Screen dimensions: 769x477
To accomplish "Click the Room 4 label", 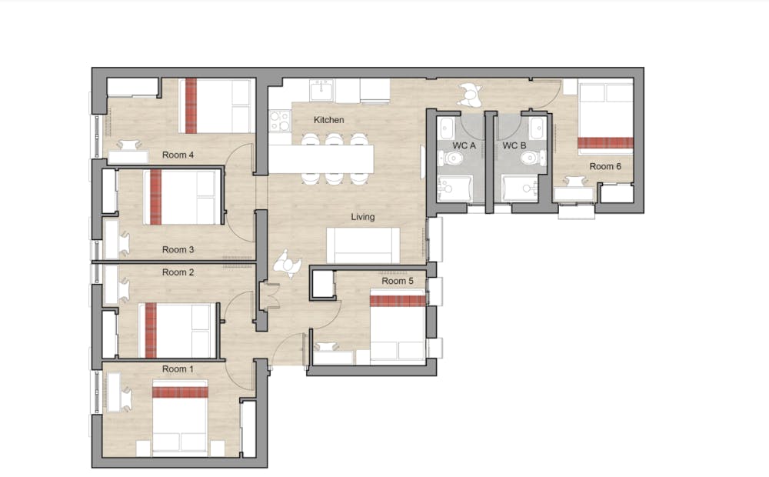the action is pos(178,155).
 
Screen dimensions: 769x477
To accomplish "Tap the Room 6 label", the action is pos(605,166).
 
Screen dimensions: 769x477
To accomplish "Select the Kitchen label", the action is pos(328,120).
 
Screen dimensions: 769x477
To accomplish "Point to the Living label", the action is pos(362,217).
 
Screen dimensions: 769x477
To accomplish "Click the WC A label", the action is pos(464,145).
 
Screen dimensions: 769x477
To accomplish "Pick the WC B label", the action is pos(514,145).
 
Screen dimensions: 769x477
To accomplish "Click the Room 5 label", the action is pos(398,281).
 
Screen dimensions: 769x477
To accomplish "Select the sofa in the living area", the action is pos(363,245).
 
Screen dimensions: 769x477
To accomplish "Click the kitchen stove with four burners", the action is pos(280,121).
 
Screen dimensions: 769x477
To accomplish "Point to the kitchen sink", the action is pos(321,90).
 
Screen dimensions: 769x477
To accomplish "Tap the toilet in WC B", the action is pos(531,158).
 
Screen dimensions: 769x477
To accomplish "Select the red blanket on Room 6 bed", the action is pos(605,143).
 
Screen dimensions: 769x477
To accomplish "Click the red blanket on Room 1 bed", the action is pos(180,392).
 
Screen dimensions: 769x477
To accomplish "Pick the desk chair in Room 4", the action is pos(128,145).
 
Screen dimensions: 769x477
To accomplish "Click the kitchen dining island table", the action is pos(321,159).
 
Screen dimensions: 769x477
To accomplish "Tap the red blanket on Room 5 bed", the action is pos(398,301).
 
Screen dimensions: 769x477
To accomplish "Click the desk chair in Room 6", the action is pos(576,181).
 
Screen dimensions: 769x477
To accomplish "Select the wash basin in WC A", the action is pos(446,128).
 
